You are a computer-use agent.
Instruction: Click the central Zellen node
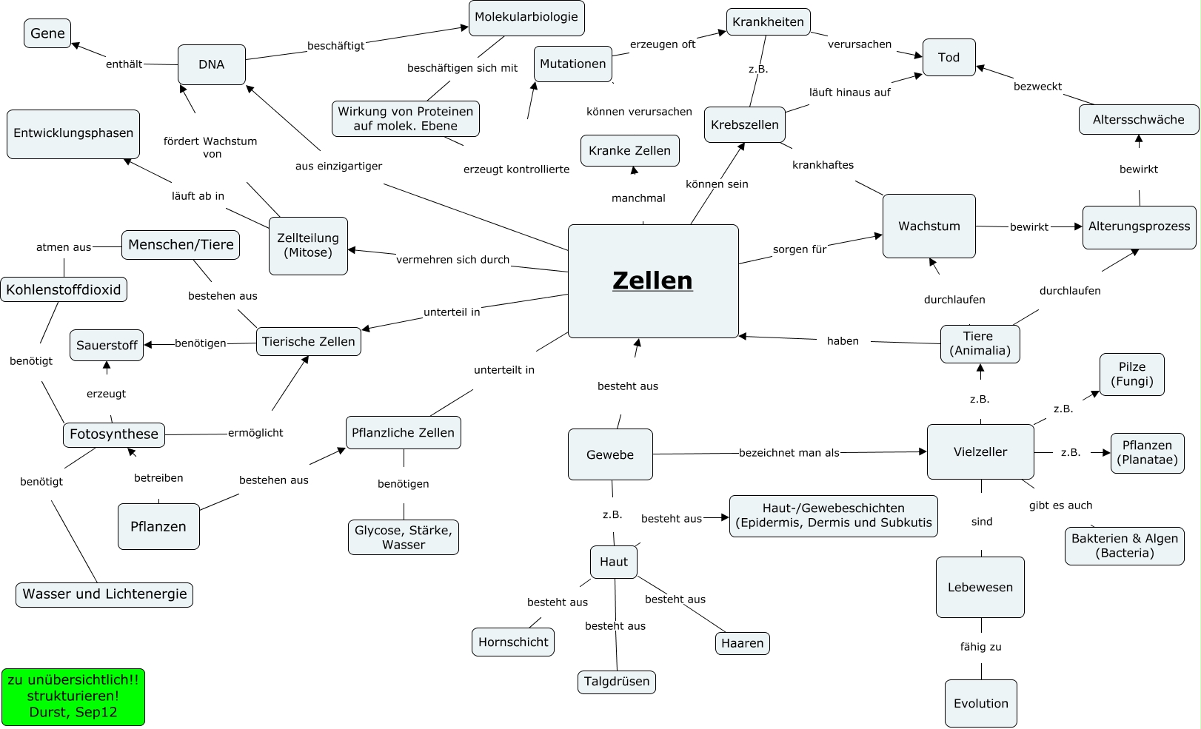coord(652,280)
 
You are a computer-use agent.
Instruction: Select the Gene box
coord(47,33)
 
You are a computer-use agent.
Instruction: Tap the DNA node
coord(211,64)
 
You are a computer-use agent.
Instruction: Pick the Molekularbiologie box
coord(526,17)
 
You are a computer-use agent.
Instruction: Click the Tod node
coord(949,57)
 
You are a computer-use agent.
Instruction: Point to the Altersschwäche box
coord(1138,119)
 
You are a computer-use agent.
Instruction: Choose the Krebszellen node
coord(744,124)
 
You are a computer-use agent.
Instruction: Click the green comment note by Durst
coord(73,696)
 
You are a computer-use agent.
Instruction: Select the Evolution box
coord(980,703)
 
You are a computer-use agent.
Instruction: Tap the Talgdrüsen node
coord(616,681)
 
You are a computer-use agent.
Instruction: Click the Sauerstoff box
coord(107,345)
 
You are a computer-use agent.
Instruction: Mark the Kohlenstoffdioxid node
coord(64,289)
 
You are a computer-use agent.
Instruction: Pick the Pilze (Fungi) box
coord(1131,374)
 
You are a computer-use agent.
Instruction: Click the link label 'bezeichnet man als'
coord(789,452)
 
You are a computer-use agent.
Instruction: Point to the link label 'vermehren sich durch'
coord(452,260)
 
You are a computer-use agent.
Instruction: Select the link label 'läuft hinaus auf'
coord(849,93)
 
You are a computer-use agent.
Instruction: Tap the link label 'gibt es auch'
coord(1060,505)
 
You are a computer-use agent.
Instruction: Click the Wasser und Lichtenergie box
coord(104,594)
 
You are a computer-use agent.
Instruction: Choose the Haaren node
coord(742,643)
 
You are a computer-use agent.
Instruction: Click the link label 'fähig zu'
coord(980,647)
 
